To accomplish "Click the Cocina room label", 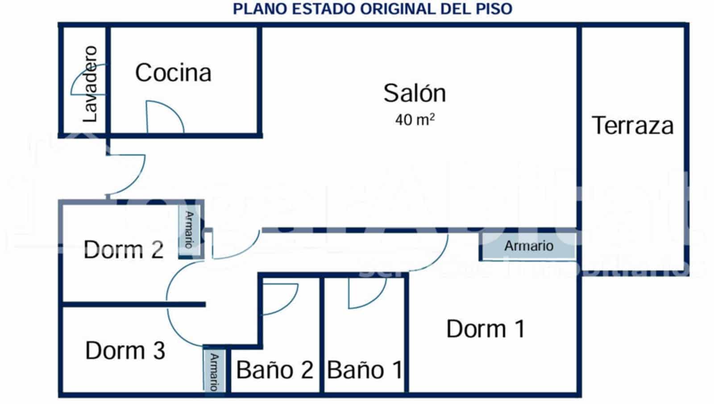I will (173, 73).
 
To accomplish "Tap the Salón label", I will (415, 93).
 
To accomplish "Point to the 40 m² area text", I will (415, 120).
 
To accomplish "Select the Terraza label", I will (632, 126).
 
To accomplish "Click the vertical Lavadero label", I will (91, 84).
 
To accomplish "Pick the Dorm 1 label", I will (486, 329).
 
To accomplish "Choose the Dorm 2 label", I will (124, 249).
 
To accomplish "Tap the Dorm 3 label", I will (125, 350).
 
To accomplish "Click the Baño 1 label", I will (365, 370).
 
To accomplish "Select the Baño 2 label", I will (274, 370).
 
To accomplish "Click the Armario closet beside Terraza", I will (528, 246).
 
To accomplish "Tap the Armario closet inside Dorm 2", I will (189, 230).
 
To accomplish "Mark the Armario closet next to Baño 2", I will (214, 371).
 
